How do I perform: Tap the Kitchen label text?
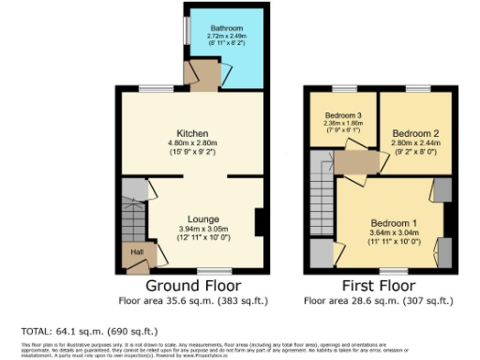point(192,133)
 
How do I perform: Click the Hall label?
point(136,252)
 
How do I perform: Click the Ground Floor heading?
point(194,285)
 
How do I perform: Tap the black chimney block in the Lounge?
point(260,223)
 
